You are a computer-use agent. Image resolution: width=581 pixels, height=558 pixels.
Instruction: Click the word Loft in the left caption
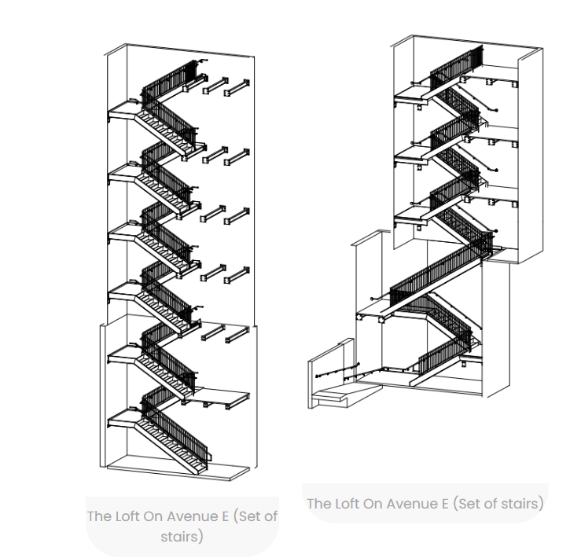[x=127, y=516]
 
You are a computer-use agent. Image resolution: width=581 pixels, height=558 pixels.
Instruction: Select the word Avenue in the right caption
[x=414, y=503]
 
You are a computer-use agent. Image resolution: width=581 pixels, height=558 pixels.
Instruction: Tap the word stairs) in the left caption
[x=182, y=537]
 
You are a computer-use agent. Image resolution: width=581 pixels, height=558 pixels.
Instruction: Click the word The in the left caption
[x=98, y=516]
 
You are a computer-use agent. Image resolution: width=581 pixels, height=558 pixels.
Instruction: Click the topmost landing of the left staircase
[x=121, y=111]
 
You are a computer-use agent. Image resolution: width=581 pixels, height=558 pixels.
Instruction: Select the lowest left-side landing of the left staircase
[x=123, y=417]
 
